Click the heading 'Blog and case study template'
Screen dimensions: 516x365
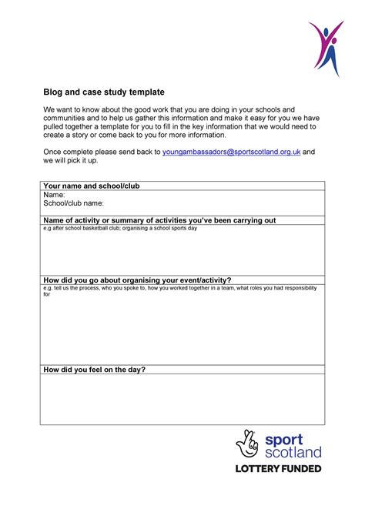point(103,92)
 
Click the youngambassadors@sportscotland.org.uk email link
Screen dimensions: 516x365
point(230,152)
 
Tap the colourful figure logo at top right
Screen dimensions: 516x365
point(326,48)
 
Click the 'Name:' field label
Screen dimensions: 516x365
point(55,195)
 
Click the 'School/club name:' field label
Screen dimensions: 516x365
point(73,203)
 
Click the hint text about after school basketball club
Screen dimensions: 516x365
point(120,229)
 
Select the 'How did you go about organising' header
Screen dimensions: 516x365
point(138,280)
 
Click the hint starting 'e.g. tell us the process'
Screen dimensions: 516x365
point(177,288)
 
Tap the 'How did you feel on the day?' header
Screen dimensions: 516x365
point(95,370)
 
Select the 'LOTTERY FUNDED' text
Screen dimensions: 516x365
point(278,469)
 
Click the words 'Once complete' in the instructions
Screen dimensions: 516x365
point(72,152)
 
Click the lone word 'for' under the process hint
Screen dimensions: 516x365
point(46,294)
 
